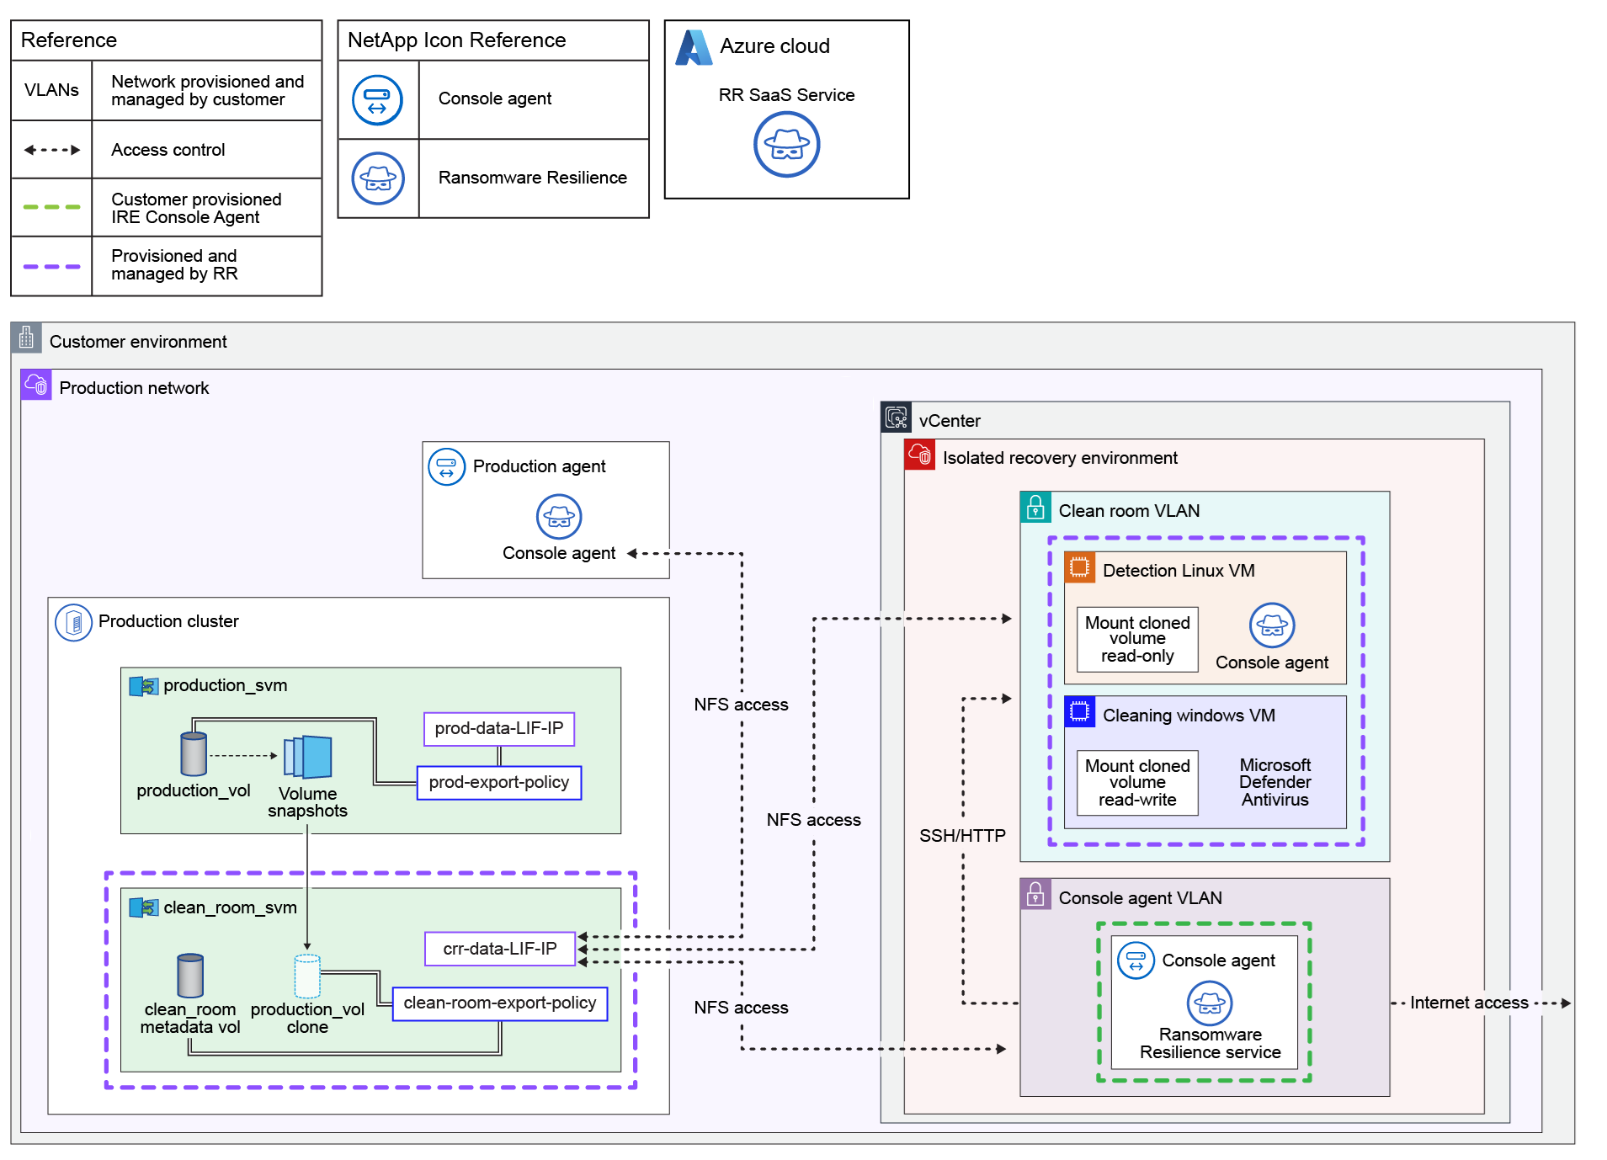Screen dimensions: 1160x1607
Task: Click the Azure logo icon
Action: [694, 47]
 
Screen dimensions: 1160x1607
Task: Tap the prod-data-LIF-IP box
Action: [498, 728]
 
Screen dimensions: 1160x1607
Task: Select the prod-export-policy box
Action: [498, 782]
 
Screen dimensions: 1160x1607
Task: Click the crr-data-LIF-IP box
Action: [499, 949]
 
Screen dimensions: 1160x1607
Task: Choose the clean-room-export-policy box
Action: [499, 1003]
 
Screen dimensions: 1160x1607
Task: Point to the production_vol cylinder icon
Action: [194, 753]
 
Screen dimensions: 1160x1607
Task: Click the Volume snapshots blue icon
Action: [308, 757]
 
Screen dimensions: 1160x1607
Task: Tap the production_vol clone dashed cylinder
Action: [307, 976]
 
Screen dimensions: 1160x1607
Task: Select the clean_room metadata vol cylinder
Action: [190, 975]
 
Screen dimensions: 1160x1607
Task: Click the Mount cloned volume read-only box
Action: [1136, 639]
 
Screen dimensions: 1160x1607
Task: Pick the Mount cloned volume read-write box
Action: [1136, 783]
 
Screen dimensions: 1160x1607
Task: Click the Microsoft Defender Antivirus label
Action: [1274, 782]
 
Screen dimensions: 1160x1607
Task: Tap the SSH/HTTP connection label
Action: [962, 836]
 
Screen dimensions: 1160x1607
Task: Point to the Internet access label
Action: [1468, 1003]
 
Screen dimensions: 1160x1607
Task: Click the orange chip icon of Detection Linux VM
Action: [1079, 567]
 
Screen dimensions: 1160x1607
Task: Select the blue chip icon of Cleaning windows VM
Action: [1079, 711]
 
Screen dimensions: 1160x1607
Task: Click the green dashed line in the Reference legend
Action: [51, 207]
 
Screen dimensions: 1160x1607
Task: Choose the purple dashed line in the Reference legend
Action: [51, 266]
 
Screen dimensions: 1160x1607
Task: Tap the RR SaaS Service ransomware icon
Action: [786, 145]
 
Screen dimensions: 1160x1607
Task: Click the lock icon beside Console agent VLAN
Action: [1035, 894]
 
